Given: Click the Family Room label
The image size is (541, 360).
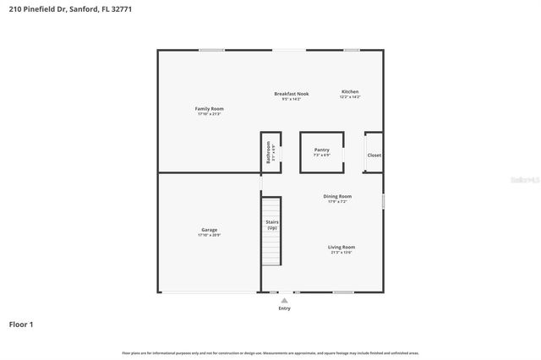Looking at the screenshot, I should [210, 108].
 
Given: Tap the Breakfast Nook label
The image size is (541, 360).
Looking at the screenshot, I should [291, 93].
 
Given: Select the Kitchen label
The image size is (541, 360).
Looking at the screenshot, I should [350, 91].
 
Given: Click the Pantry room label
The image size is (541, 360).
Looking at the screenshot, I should [321, 150].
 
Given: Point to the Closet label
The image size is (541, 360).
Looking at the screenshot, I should [374, 155].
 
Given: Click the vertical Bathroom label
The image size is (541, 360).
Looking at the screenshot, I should [268, 152].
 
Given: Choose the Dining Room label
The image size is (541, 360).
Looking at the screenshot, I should [337, 196].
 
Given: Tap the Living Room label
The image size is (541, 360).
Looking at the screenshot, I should [342, 247].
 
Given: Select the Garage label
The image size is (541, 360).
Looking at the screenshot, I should [209, 229].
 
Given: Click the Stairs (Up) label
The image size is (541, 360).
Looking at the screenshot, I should [271, 225].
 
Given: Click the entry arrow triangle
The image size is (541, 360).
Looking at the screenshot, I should [284, 300].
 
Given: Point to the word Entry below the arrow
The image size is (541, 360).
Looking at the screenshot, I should [284, 308].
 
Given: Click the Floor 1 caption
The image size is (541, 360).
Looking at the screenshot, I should [21, 324].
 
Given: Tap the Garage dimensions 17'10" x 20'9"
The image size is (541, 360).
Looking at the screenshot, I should [209, 235].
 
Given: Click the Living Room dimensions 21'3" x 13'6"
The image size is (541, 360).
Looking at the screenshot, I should [342, 253].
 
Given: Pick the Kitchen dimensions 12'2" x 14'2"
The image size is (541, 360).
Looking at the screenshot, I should [350, 97].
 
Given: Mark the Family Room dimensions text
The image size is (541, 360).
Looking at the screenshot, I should [210, 114].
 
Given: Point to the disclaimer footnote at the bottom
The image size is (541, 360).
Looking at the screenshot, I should [270, 352].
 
